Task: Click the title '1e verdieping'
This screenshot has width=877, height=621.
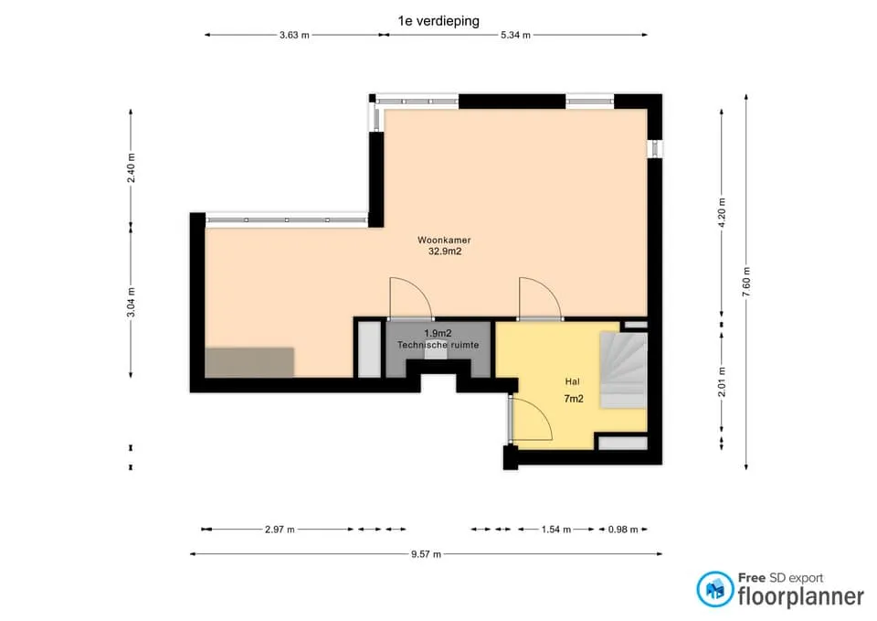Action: (x=438, y=21)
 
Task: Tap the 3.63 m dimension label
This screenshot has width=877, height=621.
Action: (x=294, y=35)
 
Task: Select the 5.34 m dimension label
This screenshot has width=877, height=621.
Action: (x=515, y=35)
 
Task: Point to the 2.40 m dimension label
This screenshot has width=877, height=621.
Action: (x=131, y=168)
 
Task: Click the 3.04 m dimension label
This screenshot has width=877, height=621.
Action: (x=131, y=302)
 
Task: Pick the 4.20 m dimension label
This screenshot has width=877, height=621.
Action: (x=722, y=213)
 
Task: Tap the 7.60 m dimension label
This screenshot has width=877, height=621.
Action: (x=746, y=283)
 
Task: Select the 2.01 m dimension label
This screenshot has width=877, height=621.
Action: (x=722, y=382)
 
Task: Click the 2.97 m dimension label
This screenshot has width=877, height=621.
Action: (x=280, y=530)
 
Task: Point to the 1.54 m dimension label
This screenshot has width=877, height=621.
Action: (x=556, y=530)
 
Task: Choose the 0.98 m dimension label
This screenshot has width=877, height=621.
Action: (x=622, y=530)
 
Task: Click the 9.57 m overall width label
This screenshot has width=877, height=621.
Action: (x=427, y=554)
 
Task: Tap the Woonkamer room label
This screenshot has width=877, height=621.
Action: (x=444, y=241)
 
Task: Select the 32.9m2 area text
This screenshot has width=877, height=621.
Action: (x=445, y=252)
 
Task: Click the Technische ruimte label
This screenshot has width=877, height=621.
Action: (x=438, y=345)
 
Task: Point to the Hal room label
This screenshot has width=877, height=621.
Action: (x=572, y=382)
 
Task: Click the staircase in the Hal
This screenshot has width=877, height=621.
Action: (x=624, y=369)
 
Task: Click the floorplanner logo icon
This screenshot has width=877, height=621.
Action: (x=714, y=589)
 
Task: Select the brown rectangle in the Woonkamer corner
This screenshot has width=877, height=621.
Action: (x=249, y=362)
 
